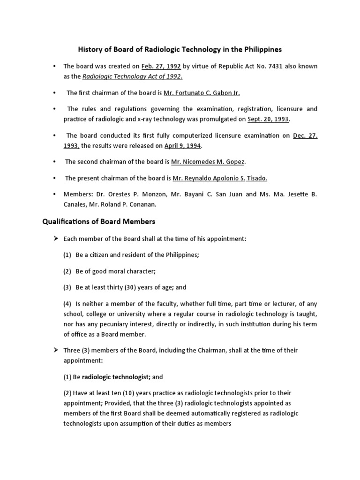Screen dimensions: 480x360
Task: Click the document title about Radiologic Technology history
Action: point(180,49)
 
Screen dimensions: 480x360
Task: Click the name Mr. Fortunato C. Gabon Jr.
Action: point(202,93)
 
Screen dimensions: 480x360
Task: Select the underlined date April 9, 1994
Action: point(182,146)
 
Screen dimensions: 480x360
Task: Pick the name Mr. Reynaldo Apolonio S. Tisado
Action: point(220,178)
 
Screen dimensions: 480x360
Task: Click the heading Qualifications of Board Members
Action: point(99,221)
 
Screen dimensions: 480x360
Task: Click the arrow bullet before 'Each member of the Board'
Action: point(55,239)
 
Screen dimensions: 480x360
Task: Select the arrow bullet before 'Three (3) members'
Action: point(55,350)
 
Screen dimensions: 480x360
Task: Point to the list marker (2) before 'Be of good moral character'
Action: point(68,271)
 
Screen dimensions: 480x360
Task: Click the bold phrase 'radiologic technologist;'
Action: point(116,377)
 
